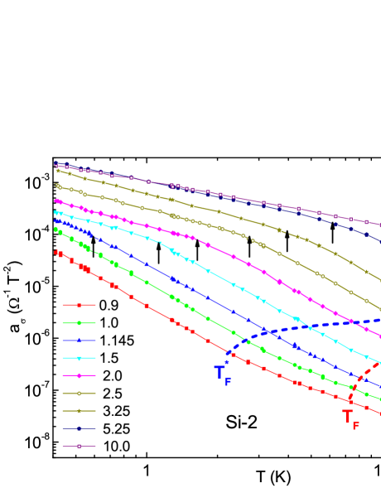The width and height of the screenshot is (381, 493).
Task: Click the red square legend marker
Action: click(x=79, y=305)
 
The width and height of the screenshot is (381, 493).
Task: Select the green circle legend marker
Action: click(x=79, y=323)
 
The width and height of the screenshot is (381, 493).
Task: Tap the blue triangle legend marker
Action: click(x=79, y=341)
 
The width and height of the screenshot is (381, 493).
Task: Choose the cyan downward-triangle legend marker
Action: click(x=79, y=358)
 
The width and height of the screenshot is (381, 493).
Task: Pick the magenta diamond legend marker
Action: click(x=79, y=375)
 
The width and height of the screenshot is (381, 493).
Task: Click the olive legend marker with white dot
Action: click(x=79, y=393)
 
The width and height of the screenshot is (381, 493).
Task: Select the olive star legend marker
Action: click(x=79, y=411)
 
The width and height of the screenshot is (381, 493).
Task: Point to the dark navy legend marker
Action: click(x=79, y=428)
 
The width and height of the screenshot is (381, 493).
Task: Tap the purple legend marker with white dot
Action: click(x=79, y=446)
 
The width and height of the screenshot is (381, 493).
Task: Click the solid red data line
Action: click(x=166, y=316)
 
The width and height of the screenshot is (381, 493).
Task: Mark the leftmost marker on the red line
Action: click(x=56, y=251)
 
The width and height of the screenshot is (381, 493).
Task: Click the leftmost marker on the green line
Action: click(x=56, y=230)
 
